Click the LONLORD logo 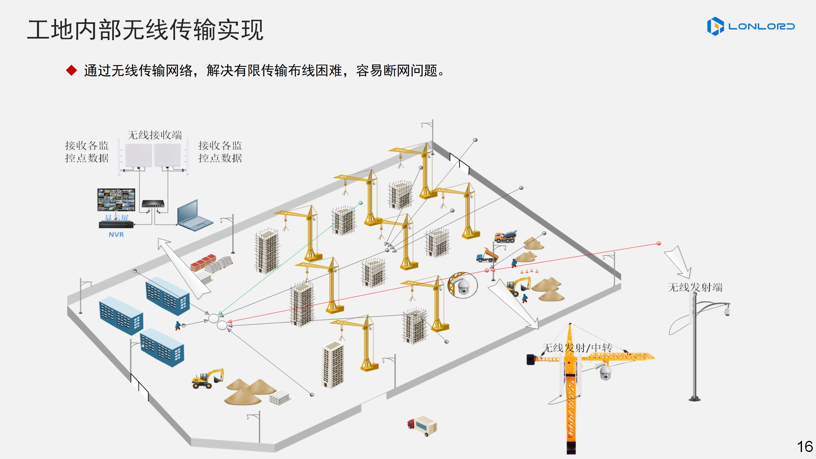(751, 26)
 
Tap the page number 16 (805, 447)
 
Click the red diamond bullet (71, 70)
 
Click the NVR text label (116, 235)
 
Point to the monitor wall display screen (116, 200)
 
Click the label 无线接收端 (155, 135)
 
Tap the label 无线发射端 (695, 288)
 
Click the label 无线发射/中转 (577, 348)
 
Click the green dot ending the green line (361, 203)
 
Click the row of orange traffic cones (529, 271)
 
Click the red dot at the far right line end (659, 244)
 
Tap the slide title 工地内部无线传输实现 (145, 30)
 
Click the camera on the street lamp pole (727, 310)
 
